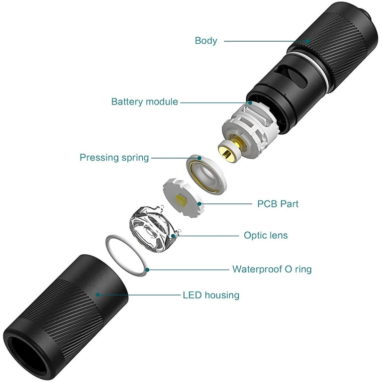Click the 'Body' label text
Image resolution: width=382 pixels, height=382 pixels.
[x=206, y=41]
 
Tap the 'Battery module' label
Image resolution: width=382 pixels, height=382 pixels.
[x=144, y=101]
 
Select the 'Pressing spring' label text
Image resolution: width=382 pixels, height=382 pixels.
[x=114, y=158]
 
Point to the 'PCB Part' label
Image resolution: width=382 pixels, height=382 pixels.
[x=278, y=204]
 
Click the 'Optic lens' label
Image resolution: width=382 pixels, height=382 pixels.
[x=266, y=235]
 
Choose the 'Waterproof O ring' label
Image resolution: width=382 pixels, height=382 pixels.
[x=272, y=269]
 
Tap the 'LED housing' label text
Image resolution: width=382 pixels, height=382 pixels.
[x=211, y=295]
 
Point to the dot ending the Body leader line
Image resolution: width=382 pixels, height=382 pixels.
[x=308, y=41]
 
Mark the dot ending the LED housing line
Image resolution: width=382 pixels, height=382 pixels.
[x=97, y=295]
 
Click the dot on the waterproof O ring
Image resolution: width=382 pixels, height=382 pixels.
[x=147, y=270]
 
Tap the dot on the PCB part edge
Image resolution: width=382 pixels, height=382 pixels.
[x=199, y=203]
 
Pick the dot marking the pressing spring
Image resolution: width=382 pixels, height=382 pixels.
[x=199, y=158]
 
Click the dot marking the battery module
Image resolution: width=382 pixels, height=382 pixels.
[x=250, y=103]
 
